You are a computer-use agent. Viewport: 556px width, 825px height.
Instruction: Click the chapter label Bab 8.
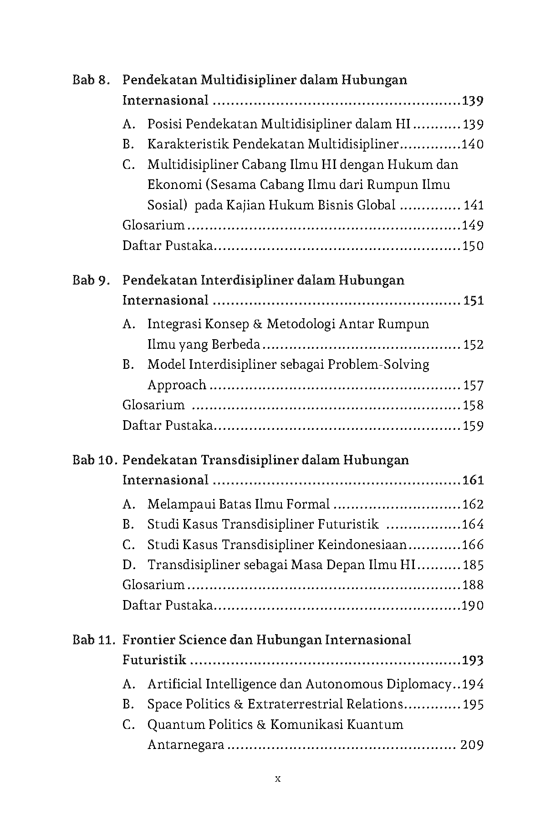tap(91, 80)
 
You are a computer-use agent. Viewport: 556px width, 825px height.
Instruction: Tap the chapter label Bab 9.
tap(91, 280)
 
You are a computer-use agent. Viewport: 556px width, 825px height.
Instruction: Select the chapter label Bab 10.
tap(94, 460)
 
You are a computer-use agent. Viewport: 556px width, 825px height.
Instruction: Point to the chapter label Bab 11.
tap(94, 640)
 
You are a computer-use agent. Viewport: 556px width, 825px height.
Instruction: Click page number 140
tap(473, 144)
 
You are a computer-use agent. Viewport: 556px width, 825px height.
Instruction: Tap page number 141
tap(474, 205)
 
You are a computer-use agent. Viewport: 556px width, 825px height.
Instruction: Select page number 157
tap(473, 385)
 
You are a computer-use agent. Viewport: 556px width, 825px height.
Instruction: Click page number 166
tap(473, 545)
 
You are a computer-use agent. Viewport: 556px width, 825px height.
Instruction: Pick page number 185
tap(473, 565)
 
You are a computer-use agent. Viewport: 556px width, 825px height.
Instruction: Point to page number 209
tap(472, 745)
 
